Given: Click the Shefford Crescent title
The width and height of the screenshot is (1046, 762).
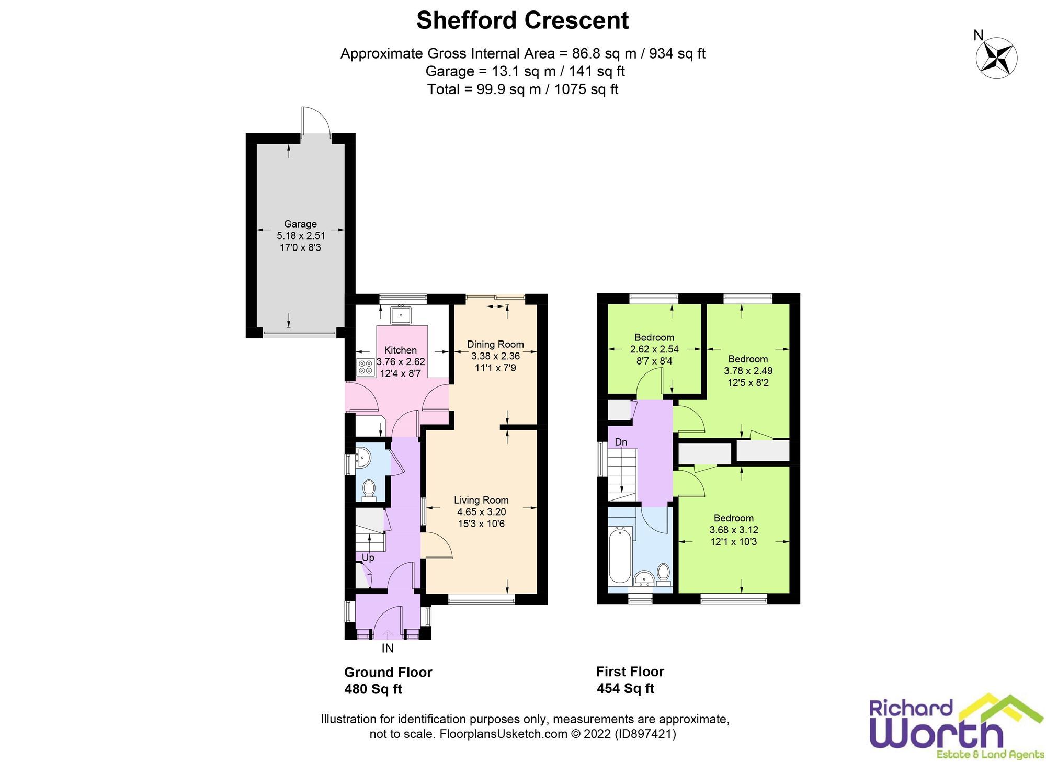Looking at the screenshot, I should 522,21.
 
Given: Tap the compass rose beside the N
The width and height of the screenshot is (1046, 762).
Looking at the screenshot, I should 996,58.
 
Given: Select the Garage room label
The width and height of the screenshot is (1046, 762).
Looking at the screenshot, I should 300,224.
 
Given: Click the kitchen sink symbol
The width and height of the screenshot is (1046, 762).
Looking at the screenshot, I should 401,315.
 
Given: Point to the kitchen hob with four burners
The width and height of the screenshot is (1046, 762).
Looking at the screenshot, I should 365,367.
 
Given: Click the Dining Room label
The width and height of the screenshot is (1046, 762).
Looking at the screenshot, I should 495,344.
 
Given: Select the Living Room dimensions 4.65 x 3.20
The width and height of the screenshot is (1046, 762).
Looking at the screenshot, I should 481,512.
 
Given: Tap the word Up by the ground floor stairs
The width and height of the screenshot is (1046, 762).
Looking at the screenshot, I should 368,558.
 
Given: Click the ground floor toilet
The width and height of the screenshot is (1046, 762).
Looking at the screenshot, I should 369,488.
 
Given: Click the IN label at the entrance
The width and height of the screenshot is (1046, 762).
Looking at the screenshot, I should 388,649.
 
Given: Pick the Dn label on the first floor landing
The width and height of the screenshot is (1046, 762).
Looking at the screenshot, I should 621,442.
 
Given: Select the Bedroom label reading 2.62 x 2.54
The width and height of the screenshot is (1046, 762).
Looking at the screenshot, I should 654,349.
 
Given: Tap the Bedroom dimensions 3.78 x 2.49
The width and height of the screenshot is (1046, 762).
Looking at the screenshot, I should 748,371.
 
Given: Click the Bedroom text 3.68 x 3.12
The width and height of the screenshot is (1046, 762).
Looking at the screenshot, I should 733,530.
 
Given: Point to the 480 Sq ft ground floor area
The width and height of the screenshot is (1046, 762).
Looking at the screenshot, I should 373,689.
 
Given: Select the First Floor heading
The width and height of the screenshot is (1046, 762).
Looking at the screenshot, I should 630,672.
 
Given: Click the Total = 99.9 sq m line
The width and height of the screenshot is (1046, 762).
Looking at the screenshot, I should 522,89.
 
